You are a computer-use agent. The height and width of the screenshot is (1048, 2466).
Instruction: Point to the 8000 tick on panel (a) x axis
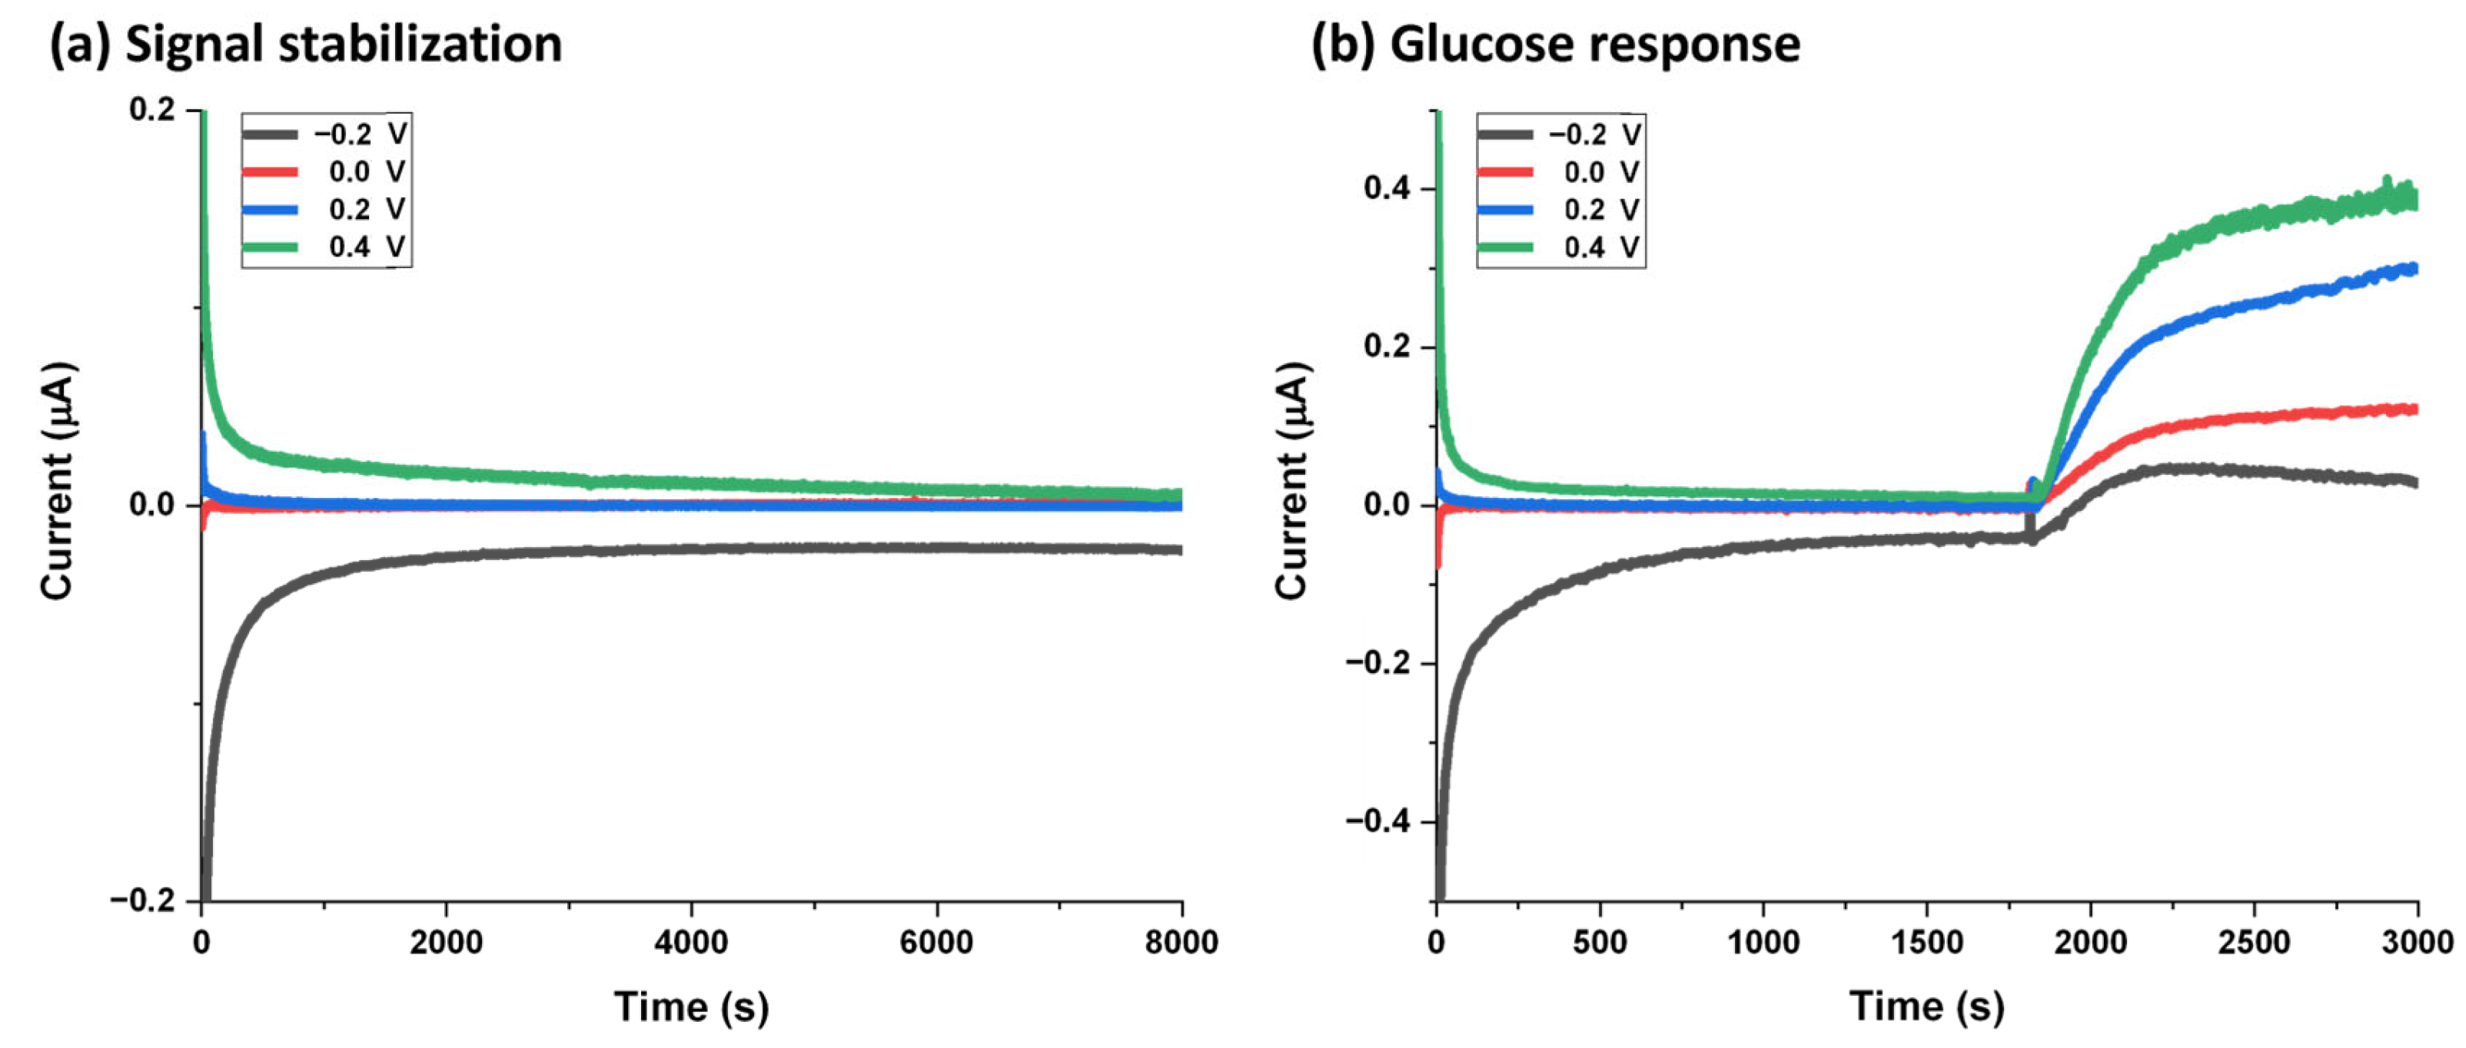[1181, 943]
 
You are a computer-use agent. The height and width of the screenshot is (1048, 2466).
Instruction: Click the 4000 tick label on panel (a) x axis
[690, 943]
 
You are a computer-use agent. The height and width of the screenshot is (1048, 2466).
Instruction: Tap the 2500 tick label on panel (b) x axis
[2254, 943]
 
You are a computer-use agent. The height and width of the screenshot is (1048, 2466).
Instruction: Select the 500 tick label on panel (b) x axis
[1599, 943]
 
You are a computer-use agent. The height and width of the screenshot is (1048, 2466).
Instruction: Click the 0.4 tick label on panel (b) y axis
[1387, 188]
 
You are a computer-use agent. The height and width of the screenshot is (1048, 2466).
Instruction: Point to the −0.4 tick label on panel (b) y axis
[1378, 821]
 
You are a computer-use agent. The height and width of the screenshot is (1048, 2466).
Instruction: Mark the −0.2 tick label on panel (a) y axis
[143, 900]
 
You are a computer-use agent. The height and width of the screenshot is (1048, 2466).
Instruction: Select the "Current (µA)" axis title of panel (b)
[1291, 480]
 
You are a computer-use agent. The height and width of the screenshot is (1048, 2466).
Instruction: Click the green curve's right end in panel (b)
[2414, 199]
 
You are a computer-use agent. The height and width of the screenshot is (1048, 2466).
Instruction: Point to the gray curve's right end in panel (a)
[1178, 550]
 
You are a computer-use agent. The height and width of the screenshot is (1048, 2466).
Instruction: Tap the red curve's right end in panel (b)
[2414, 410]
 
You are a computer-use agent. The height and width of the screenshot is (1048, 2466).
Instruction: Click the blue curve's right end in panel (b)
[2414, 269]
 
